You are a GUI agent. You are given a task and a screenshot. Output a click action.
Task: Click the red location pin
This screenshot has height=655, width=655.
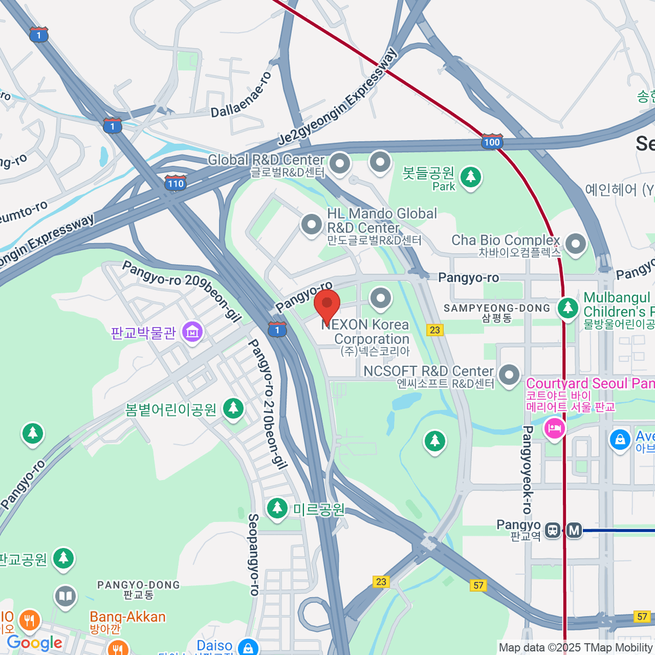pos(327,306)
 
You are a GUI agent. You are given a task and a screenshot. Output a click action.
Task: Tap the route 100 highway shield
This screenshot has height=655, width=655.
pos(492,142)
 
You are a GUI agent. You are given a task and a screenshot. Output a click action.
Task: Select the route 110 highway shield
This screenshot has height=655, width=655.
pos(175,183)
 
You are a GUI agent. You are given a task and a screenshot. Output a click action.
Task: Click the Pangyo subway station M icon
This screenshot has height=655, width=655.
pos(574,530)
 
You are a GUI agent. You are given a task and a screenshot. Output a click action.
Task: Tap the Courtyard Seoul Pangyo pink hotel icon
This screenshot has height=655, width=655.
pos(554,427)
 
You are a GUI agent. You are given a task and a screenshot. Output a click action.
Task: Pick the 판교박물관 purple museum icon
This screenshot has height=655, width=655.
pos(192,331)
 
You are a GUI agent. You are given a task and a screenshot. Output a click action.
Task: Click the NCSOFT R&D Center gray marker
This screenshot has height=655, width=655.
pos(509,375)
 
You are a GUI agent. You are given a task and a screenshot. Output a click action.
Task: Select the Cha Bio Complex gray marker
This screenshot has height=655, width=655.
pos(575,243)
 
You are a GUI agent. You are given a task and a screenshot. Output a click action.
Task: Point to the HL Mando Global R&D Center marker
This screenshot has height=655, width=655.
pos(312,224)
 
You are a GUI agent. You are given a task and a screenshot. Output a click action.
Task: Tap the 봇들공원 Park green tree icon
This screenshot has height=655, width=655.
pos(471,177)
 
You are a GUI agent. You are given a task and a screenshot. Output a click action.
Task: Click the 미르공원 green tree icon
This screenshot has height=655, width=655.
pos(277,508)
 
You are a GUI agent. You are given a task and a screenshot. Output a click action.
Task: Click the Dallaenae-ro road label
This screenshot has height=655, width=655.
pos(241,96)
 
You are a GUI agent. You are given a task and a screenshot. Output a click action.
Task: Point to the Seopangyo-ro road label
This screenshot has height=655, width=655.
pos(253,554)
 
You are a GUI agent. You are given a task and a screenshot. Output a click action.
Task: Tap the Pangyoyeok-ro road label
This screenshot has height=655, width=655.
pos(527,469)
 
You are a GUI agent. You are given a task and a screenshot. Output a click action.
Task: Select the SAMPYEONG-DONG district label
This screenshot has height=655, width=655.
pos(497,308)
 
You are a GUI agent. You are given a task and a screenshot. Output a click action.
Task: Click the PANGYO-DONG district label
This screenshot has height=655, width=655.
pos(139,585)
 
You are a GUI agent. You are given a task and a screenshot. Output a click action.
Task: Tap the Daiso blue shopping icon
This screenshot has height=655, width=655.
pos(248,648)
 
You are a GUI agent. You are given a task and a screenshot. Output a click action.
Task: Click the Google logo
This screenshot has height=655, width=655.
pos(34,643)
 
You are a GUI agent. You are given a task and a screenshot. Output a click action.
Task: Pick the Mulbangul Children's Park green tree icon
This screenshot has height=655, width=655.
pos(568,307)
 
